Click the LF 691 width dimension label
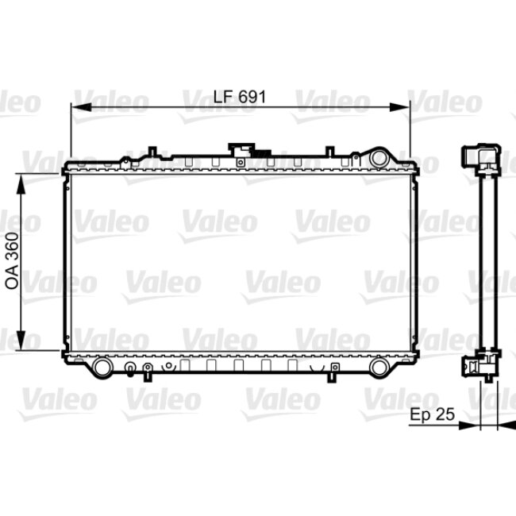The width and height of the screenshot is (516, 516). pyautogui.click(x=239, y=97)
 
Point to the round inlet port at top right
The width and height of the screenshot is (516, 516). pyautogui.click(x=379, y=156)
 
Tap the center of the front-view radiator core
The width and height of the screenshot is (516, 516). pyautogui.click(x=240, y=262)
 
